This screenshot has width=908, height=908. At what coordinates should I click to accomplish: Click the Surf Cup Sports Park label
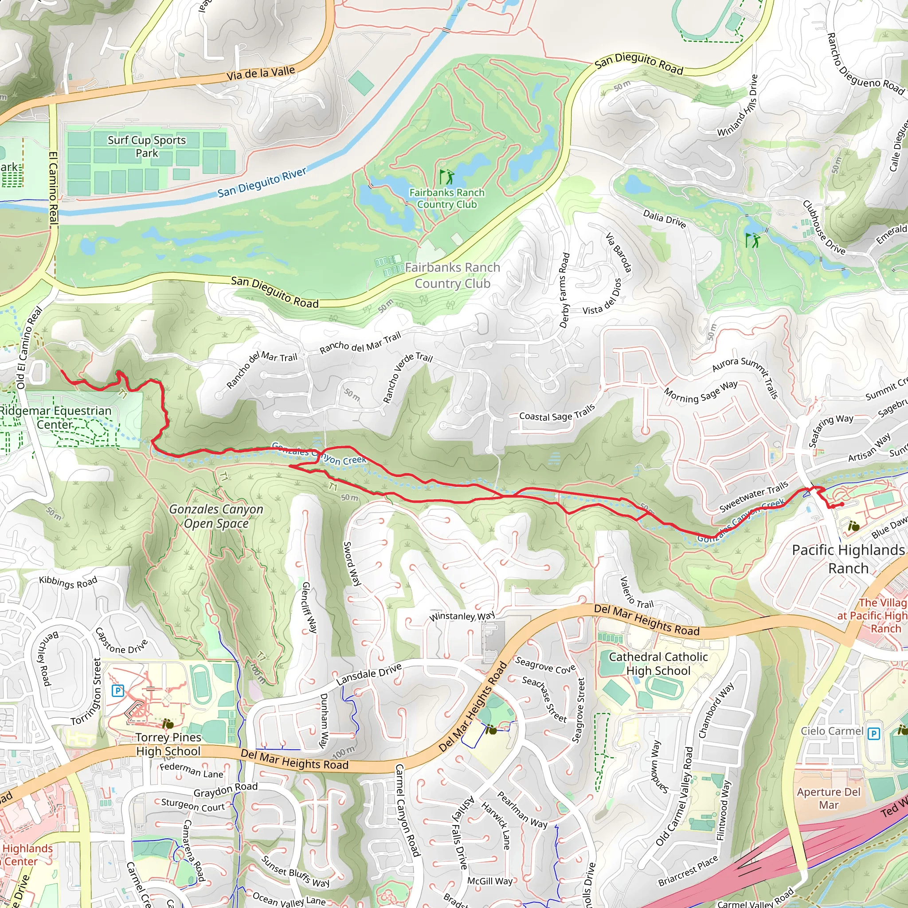[x=147, y=146]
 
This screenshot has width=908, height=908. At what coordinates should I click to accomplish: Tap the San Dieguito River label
[x=262, y=183]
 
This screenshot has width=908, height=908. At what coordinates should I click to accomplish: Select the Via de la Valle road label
[x=260, y=74]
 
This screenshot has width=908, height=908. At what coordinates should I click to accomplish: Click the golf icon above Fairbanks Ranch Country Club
[x=446, y=177]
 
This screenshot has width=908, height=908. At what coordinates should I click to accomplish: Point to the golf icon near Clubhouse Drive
[x=752, y=240]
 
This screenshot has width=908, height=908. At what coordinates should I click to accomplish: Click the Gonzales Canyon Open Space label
[x=216, y=516]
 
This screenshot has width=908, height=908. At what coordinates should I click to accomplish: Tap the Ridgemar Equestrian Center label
[x=55, y=417]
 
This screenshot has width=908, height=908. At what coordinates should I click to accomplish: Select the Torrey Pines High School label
[x=168, y=744]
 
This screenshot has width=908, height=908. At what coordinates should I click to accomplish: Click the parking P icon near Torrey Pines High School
[x=117, y=691]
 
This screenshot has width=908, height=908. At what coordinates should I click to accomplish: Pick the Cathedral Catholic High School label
[x=658, y=664]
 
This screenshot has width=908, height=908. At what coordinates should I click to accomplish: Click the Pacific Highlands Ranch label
[x=848, y=559]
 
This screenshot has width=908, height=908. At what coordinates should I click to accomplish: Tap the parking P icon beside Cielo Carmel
[x=873, y=734]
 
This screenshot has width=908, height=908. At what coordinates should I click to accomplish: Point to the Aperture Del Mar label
[x=829, y=798]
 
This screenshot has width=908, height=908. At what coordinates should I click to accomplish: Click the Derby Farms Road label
[x=564, y=290]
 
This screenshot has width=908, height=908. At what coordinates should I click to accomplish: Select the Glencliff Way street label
[x=309, y=607]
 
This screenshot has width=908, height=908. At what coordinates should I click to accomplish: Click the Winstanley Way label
[x=462, y=616]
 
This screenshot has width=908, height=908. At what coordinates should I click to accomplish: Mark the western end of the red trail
[x=62, y=371]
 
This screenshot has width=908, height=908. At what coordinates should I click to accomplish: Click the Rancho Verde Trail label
[x=407, y=378]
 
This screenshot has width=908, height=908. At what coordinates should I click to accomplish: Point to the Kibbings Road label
[x=68, y=582]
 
